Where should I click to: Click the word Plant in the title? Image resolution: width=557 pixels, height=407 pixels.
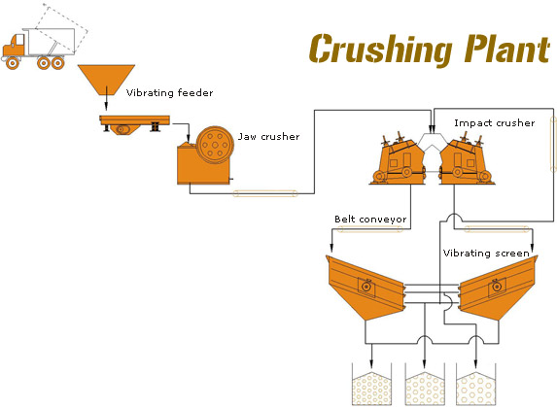click(x=507, y=49)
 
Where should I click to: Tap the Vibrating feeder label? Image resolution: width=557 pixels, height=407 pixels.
click(x=169, y=92)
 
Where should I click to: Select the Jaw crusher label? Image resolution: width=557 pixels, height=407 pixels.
click(x=269, y=137)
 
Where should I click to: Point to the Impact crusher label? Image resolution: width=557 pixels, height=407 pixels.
click(x=495, y=123)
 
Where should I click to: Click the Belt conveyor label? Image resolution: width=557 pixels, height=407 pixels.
click(x=370, y=220)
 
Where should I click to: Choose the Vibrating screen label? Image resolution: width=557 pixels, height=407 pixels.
click(x=486, y=253)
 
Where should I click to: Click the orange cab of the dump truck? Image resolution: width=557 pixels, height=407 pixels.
click(x=14, y=48)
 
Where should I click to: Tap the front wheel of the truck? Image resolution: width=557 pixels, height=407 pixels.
click(x=13, y=63)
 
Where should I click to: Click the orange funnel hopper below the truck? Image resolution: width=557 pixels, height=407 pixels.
click(x=106, y=80)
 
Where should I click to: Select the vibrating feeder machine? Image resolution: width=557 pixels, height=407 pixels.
click(x=134, y=123)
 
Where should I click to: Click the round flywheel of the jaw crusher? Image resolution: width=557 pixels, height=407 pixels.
click(x=215, y=145)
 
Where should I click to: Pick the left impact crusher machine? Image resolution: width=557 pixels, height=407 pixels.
click(x=399, y=162)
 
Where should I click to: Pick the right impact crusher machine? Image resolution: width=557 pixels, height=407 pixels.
click(x=466, y=162)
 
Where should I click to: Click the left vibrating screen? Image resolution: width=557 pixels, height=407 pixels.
click(x=365, y=288)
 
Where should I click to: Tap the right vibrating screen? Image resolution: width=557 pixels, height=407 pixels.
click(x=498, y=288)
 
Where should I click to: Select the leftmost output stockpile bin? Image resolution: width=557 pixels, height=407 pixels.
click(x=371, y=385)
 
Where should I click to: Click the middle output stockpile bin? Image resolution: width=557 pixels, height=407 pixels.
click(x=425, y=385)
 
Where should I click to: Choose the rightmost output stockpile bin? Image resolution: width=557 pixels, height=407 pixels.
click(x=475, y=385)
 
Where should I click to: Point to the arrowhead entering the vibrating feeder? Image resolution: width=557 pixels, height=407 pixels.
click(x=106, y=106)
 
